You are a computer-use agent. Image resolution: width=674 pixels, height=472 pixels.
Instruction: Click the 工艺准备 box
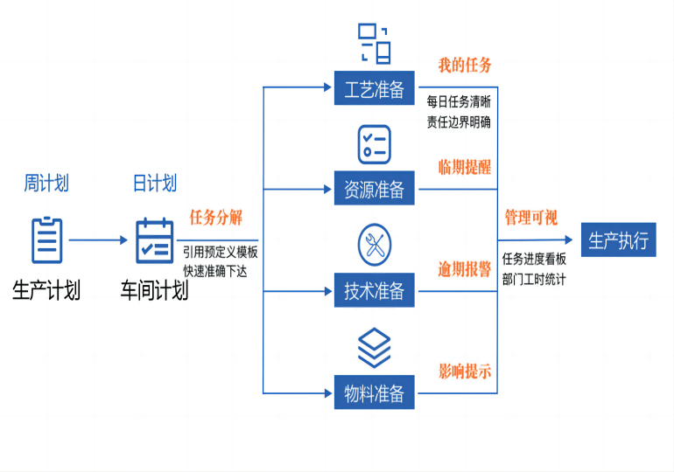(x=374, y=88)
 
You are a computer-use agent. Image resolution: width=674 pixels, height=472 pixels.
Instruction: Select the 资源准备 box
(x=374, y=189)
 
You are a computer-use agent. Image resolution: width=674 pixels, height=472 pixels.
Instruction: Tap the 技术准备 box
(x=374, y=291)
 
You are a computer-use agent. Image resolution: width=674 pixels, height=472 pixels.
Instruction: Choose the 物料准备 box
(x=374, y=393)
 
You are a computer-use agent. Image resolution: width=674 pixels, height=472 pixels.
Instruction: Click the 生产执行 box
(x=619, y=240)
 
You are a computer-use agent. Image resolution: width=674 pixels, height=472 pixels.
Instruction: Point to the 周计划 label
(x=46, y=184)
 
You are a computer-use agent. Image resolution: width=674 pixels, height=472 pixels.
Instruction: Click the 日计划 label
(x=154, y=184)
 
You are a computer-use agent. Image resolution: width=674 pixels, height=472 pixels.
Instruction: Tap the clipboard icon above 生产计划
(x=47, y=240)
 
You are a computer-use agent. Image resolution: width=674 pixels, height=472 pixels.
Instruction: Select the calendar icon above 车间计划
(x=154, y=240)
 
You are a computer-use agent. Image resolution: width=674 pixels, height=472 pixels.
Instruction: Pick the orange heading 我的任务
(x=465, y=66)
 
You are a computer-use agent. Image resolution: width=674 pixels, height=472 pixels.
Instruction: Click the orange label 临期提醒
(x=465, y=168)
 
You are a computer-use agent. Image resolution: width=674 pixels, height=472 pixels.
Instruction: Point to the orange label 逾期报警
(x=465, y=270)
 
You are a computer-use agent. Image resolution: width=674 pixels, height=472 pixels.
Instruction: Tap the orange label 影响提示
(x=465, y=371)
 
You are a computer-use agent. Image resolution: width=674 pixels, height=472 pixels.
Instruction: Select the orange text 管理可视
(x=530, y=218)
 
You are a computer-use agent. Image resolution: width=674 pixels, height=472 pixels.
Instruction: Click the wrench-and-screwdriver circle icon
(x=374, y=246)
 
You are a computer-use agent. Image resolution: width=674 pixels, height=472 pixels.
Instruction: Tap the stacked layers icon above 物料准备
(x=374, y=347)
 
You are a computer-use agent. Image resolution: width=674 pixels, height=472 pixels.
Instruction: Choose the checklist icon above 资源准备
(x=374, y=143)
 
